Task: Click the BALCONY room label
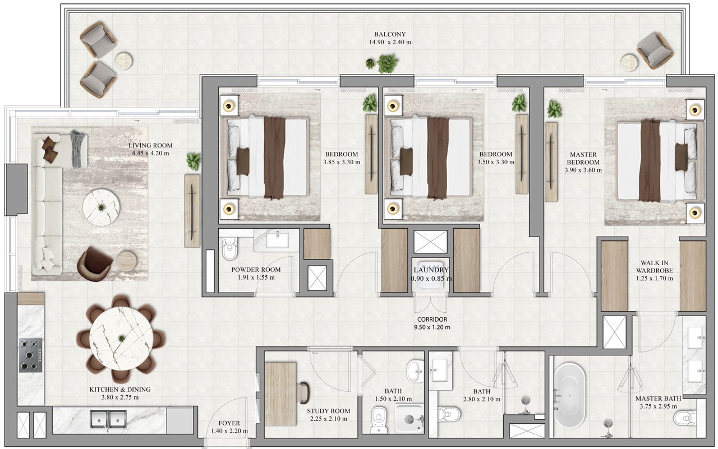pos(390,34)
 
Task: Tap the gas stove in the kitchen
pos(31,355)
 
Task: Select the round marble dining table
pos(121,339)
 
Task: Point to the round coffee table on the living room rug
pos(102,208)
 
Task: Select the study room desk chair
pos(304,392)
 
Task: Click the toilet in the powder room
pos(229,249)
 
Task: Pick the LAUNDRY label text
pos(431,270)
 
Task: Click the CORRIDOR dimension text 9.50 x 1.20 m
pos(432,327)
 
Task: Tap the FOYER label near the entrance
pos(229,423)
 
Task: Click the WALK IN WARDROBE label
pos(654,266)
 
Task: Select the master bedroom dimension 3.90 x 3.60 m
pos(583,170)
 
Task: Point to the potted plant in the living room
pos(194,161)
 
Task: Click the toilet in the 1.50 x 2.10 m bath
pos(379,419)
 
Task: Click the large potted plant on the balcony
pos(388,63)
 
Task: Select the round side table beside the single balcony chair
pos(629,62)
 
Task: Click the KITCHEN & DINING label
pos(120,390)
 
